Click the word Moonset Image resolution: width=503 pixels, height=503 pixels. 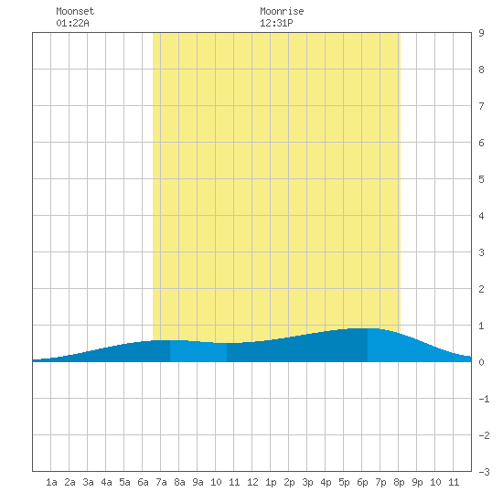(x=75, y=11)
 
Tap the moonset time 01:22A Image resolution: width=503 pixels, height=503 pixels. (x=72, y=23)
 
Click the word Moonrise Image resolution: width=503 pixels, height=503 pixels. (x=282, y=11)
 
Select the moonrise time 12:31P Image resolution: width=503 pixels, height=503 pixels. (x=276, y=23)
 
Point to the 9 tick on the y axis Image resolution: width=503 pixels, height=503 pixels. (x=481, y=33)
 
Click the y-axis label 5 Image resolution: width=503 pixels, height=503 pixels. (x=481, y=179)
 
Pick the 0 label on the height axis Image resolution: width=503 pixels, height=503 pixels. (x=481, y=362)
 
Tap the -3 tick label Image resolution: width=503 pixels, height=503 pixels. (x=484, y=472)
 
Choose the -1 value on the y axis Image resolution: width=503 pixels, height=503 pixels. (x=484, y=399)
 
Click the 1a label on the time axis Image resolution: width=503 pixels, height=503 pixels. (x=51, y=482)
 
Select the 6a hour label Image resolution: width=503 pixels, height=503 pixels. (x=143, y=482)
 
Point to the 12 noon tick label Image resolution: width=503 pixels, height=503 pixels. (x=252, y=482)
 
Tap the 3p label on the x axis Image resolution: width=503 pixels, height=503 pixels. (x=307, y=482)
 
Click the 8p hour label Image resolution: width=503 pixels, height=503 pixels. (x=399, y=482)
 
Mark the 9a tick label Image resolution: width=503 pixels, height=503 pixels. (x=198, y=482)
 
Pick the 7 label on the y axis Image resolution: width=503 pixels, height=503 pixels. (x=481, y=106)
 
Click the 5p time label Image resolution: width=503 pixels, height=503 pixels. (x=344, y=482)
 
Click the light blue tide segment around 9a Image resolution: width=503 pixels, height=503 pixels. (x=198, y=351)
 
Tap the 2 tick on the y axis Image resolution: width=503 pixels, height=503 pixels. (x=481, y=289)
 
